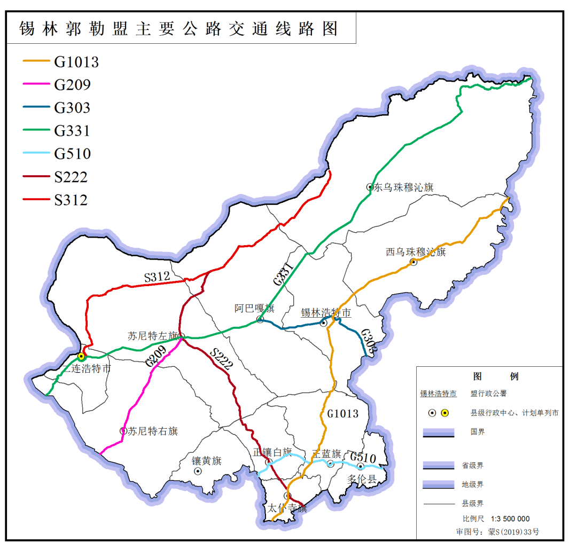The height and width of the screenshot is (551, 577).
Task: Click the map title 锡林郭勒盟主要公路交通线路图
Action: tap(179, 28)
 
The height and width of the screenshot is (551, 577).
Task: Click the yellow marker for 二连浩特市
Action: tap(81, 356)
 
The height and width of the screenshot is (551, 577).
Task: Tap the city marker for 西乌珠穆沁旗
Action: tap(414, 262)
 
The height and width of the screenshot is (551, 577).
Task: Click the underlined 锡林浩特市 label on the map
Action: tap(326, 313)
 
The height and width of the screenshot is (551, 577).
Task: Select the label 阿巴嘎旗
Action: tap(254, 309)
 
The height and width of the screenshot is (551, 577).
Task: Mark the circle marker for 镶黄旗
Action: tap(198, 471)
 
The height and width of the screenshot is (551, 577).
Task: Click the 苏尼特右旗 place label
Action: tap(153, 431)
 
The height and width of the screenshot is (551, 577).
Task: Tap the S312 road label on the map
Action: tap(157, 277)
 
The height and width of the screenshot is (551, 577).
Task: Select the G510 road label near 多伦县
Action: tap(363, 457)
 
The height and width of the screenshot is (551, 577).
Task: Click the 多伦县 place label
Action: tap(362, 478)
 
